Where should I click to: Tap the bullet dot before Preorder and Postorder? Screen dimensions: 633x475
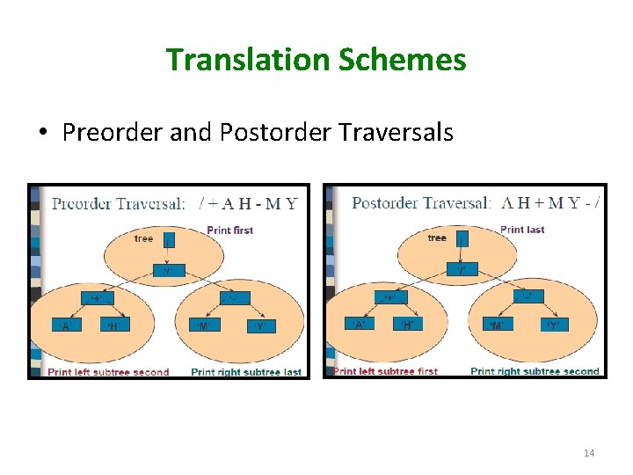pyautogui.click(x=41, y=134)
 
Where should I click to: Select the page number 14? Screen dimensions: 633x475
pyautogui.click(x=589, y=453)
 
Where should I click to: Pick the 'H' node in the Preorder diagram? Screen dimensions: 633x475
pyautogui.click(x=112, y=326)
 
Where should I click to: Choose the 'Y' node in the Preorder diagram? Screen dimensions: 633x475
pyautogui.click(x=258, y=326)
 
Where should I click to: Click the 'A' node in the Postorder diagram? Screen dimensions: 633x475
pyautogui.click(x=360, y=325)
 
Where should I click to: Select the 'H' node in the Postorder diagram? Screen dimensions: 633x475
pyautogui.click(x=407, y=325)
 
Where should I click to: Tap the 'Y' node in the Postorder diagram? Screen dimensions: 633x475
pyautogui.click(x=552, y=325)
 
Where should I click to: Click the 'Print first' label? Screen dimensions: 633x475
pyautogui.click(x=229, y=230)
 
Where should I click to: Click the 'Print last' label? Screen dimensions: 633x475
pyautogui.click(x=522, y=230)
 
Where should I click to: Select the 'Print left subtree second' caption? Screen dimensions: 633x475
pyautogui.click(x=108, y=372)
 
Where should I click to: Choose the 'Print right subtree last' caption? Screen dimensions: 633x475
pyautogui.click(x=246, y=372)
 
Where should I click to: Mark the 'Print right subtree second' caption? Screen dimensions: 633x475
pyautogui.click(x=535, y=371)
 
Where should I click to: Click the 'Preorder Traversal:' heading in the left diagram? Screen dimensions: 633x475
pyautogui.click(x=119, y=204)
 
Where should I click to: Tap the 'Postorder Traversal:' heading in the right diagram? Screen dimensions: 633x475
pyautogui.click(x=421, y=203)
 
